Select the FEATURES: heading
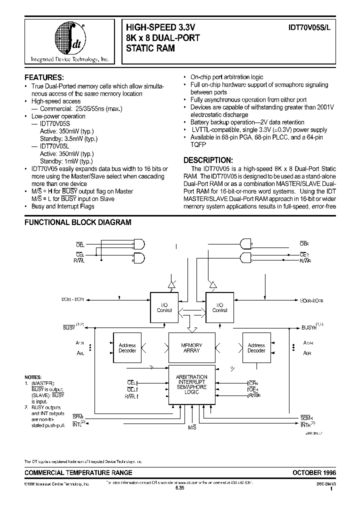[44, 77]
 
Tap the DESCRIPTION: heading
[208, 159]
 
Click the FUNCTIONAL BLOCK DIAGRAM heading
[78, 222]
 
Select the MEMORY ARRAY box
[191, 348]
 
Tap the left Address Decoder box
[127, 348]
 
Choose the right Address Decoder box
[256, 348]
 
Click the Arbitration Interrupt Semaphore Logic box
[191, 384]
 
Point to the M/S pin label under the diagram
[192, 428]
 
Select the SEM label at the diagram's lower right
[306, 417]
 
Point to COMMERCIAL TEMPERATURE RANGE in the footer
[78, 472]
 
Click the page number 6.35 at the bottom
[180, 488]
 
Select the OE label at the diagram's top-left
[80, 243]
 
